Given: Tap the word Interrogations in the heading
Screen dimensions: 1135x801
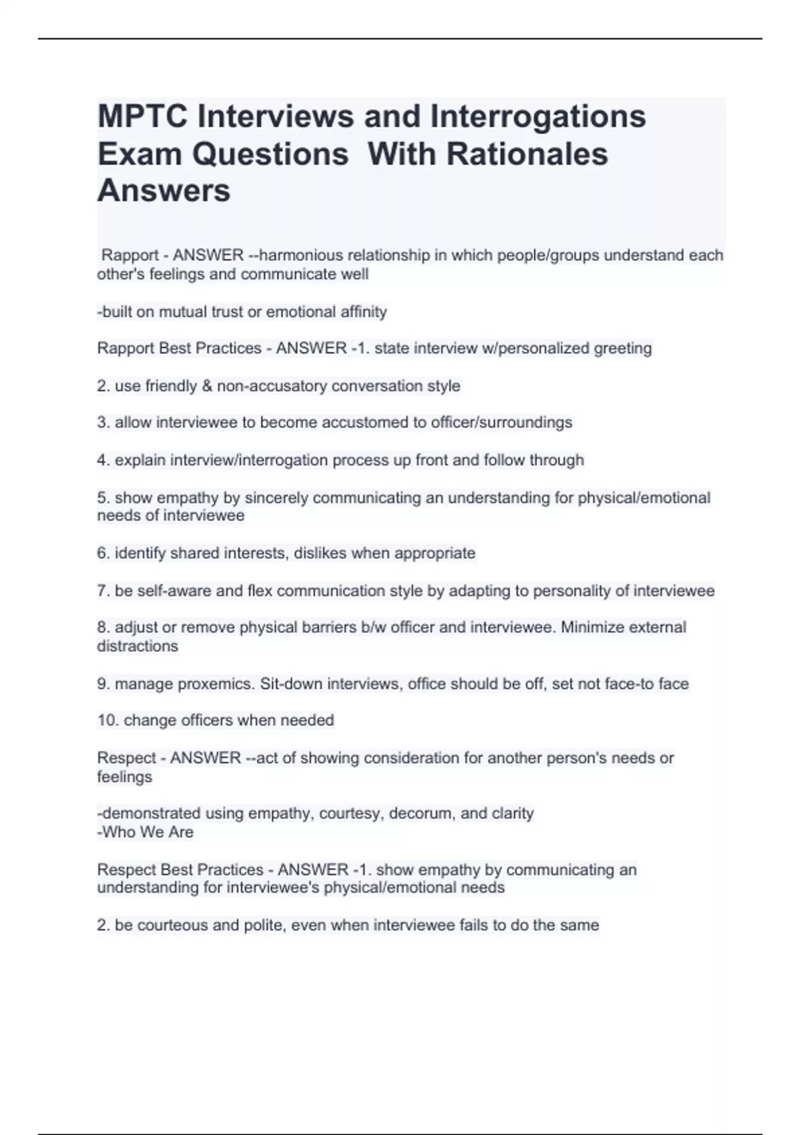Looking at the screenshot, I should (538, 116).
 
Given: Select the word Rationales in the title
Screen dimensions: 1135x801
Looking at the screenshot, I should (527, 154).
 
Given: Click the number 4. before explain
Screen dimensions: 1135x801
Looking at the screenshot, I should (103, 460).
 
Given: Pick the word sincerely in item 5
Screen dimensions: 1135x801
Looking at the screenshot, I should (276, 498).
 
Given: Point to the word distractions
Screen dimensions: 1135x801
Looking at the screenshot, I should (138, 646).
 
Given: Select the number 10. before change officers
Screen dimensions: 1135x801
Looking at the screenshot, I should (108, 720).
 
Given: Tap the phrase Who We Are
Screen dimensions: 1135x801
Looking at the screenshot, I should (148, 832).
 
